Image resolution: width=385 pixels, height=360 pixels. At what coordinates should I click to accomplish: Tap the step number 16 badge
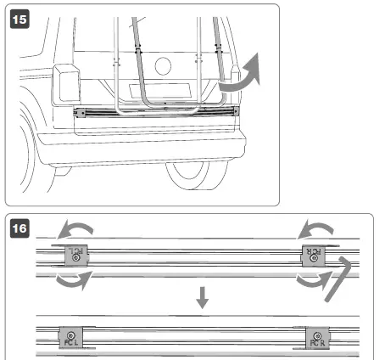pos(18,229)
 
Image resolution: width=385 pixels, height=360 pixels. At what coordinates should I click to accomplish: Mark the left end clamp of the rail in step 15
pos(81,112)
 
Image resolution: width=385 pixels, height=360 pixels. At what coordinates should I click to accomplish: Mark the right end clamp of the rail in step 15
pos(233,110)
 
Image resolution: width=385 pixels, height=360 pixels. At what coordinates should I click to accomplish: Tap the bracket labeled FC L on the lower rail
pos(70,339)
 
